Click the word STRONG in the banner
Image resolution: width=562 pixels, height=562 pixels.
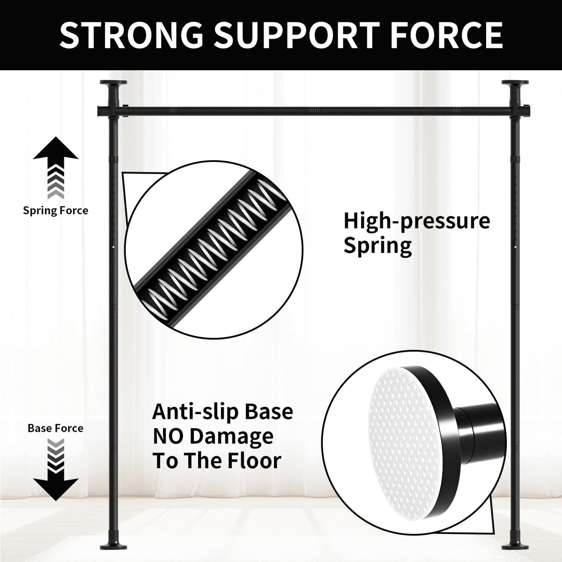(131, 35)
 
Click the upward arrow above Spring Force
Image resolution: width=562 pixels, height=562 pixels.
(56, 168)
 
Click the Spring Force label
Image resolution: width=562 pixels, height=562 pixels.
(56, 211)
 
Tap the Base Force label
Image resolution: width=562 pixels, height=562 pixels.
(56, 428)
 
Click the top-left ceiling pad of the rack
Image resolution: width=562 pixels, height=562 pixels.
(113, 83)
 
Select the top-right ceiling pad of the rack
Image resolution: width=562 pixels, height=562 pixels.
(515, 83)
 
